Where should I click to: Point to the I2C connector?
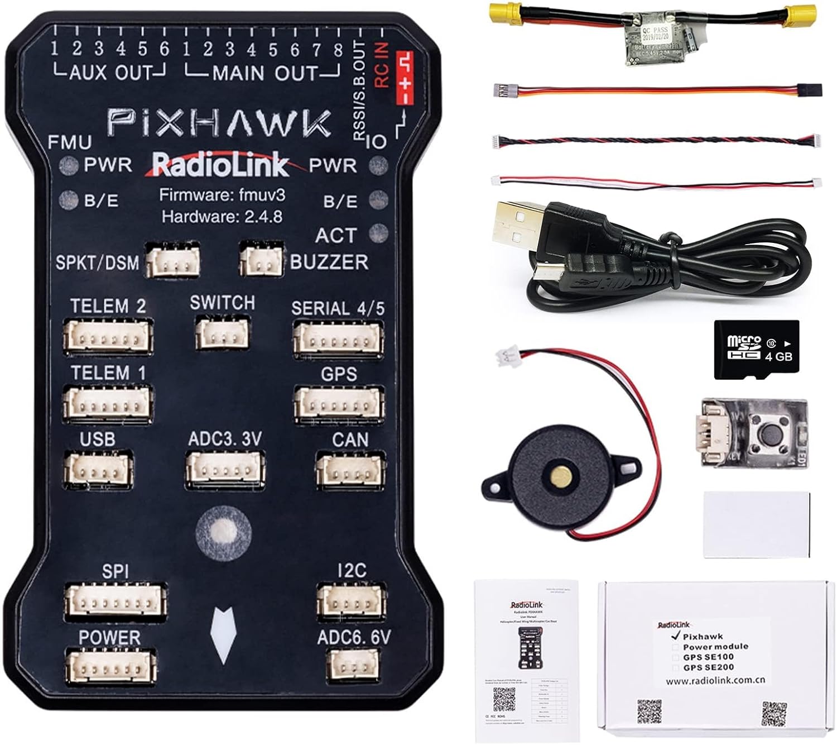coord(351,602)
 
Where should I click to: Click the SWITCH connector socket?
coord(222,333)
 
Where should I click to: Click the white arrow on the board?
coord(223,634)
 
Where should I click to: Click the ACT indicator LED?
coord(379,232)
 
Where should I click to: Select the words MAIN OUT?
coord(264,73)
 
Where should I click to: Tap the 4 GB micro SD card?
coord(757,350)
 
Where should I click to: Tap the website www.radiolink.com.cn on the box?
coord(715,680)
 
